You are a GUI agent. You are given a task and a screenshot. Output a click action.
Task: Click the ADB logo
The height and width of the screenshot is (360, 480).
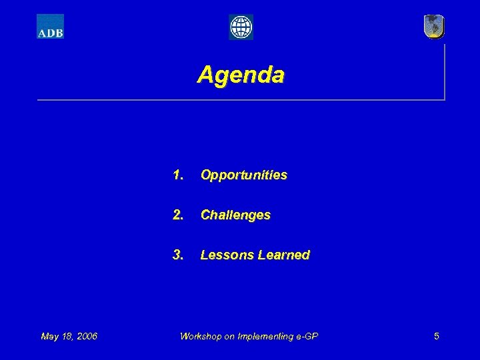50,27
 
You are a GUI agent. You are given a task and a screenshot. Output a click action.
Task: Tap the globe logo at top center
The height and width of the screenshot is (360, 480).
241,27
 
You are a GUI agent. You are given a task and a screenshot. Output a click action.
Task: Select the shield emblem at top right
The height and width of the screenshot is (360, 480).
433,27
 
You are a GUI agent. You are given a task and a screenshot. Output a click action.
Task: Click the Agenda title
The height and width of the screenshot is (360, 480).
241,74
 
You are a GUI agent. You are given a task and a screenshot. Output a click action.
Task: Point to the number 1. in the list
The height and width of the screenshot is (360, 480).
178,175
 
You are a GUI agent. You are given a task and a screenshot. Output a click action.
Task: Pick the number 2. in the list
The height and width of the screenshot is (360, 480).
178,215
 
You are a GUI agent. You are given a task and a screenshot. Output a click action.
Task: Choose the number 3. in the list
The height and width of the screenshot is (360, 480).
178,255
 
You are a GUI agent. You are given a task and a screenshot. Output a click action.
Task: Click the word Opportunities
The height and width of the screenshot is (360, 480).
244,175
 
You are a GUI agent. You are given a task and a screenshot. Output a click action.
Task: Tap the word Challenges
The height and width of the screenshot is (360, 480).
235,215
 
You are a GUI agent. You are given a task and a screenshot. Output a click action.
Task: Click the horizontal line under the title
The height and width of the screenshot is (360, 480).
240,100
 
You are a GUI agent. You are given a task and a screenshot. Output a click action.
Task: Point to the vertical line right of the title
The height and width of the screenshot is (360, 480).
444,70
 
